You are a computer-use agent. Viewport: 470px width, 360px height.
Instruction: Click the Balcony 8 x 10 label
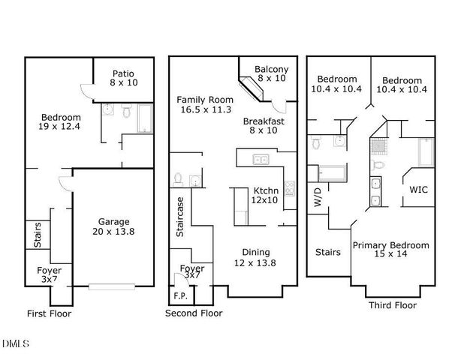271,74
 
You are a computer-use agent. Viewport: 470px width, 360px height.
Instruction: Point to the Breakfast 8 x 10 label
263,125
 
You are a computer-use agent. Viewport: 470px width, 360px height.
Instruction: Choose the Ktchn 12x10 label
265,195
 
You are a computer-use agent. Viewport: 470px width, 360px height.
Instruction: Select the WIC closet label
419,190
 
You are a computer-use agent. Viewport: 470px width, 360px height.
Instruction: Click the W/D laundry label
317,198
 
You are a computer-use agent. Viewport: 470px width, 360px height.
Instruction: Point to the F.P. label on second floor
180,295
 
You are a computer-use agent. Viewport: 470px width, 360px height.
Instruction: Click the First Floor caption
49,313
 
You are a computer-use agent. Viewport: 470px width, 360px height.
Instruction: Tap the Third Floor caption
392,305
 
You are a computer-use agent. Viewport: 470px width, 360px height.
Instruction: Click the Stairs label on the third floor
327,252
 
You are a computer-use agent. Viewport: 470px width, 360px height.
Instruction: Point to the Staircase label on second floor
180,217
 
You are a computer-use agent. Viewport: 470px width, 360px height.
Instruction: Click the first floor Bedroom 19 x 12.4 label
60,123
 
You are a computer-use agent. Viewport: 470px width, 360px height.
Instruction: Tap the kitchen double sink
261,159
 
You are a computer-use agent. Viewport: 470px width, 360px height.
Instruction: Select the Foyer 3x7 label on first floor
50,275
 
